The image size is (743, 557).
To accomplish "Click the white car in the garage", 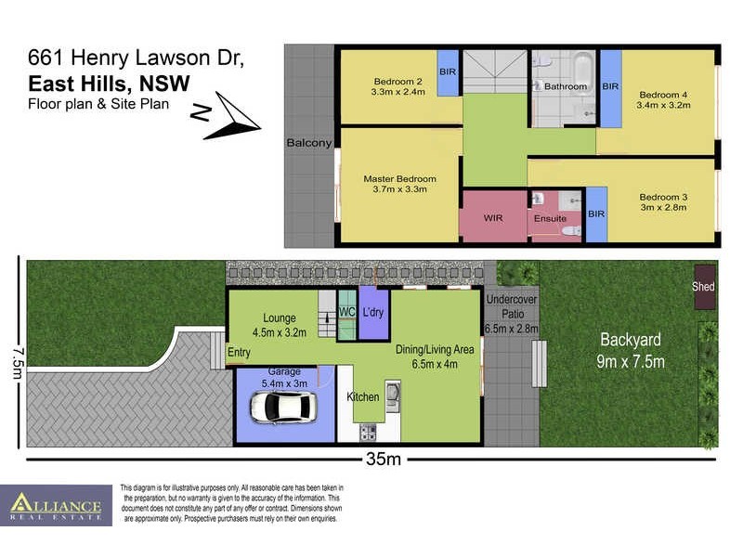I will pos(280,407).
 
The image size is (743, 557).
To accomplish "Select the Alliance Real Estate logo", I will pos(56,506).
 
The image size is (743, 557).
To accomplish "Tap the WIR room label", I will pos(494,218).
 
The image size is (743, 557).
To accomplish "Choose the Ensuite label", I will pos(550,219).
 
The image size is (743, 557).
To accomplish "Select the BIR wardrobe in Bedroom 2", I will pos(448,71).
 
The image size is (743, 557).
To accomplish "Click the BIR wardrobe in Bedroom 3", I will pos(595,214).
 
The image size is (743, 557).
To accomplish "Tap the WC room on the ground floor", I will pos(346,313).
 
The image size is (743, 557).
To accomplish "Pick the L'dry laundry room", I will pos(373,313).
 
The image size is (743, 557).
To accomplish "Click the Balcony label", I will pos(308,143).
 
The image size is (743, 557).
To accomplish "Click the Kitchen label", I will pos(363,397).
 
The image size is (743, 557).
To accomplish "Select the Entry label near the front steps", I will pos(239,352).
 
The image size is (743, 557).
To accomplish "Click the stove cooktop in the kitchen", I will pos(366,431).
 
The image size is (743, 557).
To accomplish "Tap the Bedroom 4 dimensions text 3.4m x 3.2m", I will pos(664,106).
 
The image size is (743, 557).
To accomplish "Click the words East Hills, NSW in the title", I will pos(109,84).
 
